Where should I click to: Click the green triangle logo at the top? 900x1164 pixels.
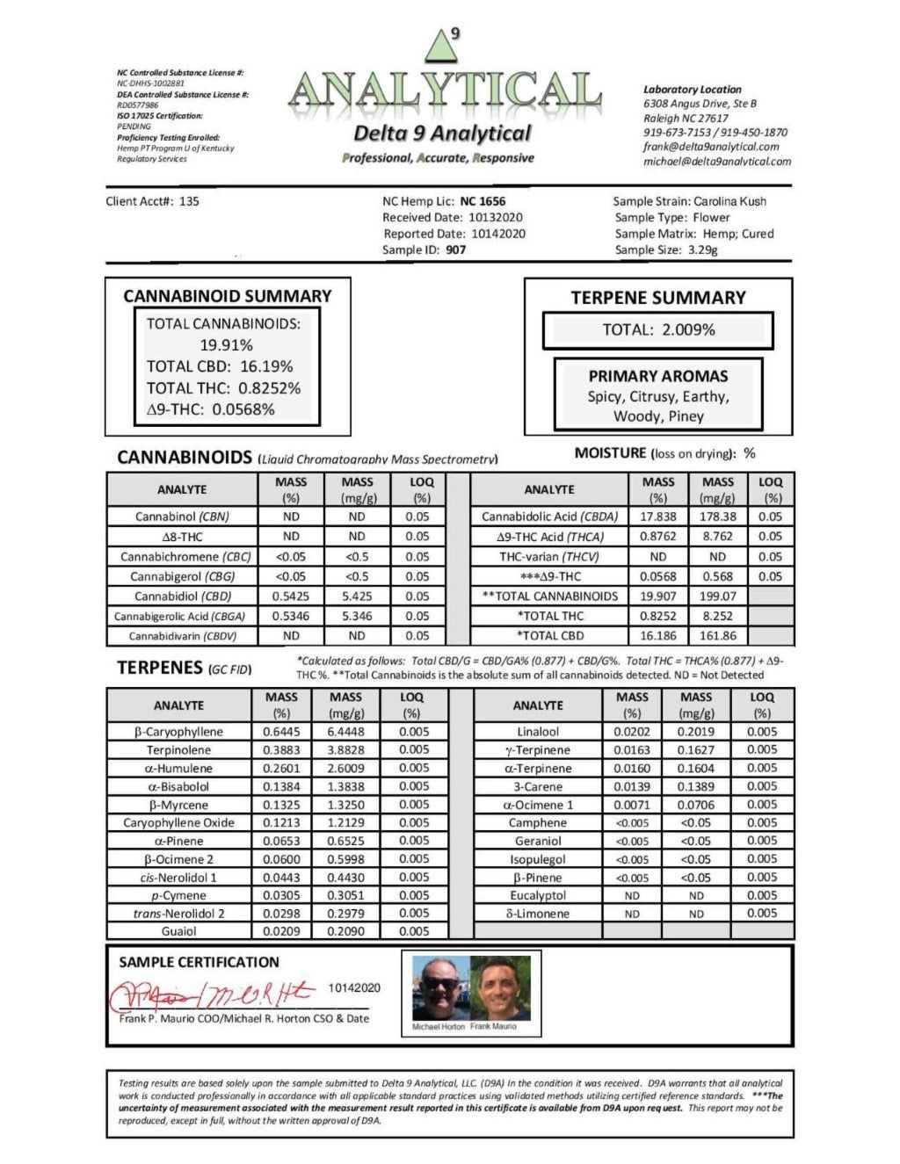441,44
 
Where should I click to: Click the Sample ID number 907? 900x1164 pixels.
456,249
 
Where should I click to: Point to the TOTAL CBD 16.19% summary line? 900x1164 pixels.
220,366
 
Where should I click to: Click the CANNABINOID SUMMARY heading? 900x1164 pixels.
228,297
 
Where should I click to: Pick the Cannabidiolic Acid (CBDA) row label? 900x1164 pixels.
549,517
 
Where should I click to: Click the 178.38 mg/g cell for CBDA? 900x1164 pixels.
717,517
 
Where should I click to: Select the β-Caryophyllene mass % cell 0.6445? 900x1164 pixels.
281,732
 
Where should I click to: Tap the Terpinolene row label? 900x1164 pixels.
178,750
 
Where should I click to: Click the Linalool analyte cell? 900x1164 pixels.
538,732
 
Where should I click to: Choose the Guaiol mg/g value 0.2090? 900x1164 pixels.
345,931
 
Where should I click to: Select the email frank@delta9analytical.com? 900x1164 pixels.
711,147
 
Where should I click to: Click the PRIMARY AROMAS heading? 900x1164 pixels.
658,376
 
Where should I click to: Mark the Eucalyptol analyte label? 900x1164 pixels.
538,896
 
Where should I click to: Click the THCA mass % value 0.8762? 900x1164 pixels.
657,536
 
